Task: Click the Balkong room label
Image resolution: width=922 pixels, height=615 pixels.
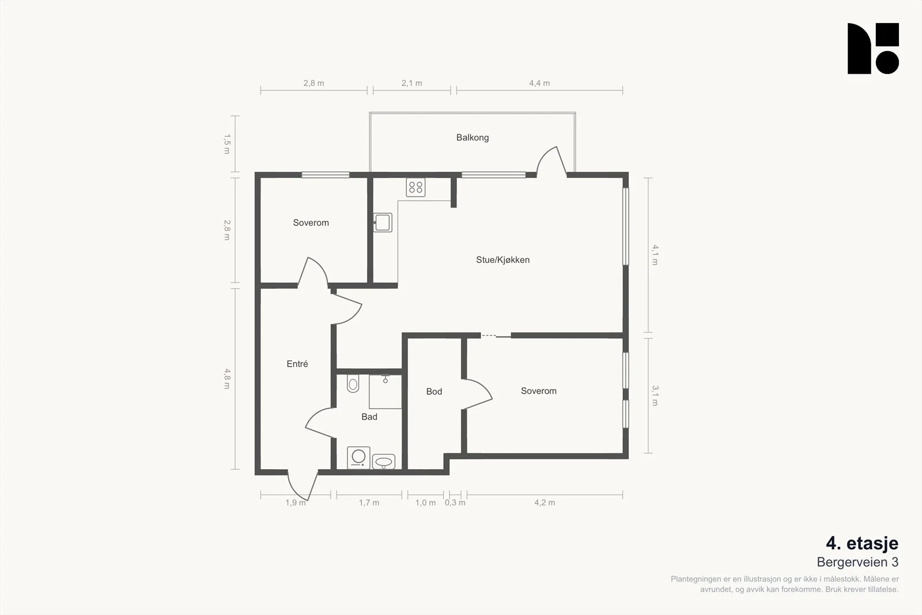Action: [473, 138]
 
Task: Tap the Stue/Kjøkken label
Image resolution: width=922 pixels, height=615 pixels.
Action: [502, 260]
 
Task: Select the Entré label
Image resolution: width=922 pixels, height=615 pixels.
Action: [297, 364]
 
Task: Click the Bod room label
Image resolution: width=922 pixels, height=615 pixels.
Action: [434, 391]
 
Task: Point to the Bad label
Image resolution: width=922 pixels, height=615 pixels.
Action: [369, 417]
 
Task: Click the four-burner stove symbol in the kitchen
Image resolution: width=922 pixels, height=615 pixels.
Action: [415, 187]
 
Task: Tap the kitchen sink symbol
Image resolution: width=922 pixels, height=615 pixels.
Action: [383, 222]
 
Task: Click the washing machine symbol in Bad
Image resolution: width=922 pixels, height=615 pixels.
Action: [358, 458]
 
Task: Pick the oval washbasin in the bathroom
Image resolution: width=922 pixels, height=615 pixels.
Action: [384, 462]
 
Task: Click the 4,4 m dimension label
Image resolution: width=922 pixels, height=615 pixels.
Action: [539, 83]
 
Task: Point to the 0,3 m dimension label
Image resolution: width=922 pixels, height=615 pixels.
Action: [455, 503]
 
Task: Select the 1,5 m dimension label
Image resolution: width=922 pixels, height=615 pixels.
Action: [227, 144]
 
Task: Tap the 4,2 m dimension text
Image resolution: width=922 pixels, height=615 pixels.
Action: [545, 503]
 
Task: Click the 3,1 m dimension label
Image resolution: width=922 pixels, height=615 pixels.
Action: [655, 395]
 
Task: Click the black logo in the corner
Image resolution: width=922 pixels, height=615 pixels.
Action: [873, 48]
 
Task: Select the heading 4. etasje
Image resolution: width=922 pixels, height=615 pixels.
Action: [862, 544]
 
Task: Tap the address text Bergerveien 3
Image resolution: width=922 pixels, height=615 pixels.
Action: [858, 563]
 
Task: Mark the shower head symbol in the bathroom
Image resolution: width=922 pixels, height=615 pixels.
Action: [386, 378]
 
